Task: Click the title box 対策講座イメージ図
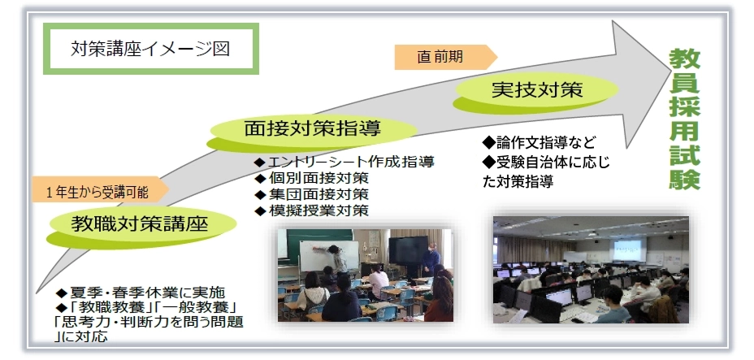pyautogui.click(x=151, y=49)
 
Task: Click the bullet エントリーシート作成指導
pyautogui.click(x=344, y=162)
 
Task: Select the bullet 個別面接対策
pyautogui.click(x=311, y=178)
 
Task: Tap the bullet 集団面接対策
pyautogui.click(x=311, y=194)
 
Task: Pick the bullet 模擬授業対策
pyautogui.click(x=311, y=210)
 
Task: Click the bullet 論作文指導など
pyautogui.click(x=539, y=143)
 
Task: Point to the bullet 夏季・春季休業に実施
pyautogui.click(x=141, y=293)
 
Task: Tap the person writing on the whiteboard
pyautogui.click(x=338, y=258)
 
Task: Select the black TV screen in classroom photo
pyautogui.click(x=408, y=249)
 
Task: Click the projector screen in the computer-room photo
pyautogui.click(x=626, y=250)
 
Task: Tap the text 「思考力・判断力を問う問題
pyautogui.click(x=149, y=321)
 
